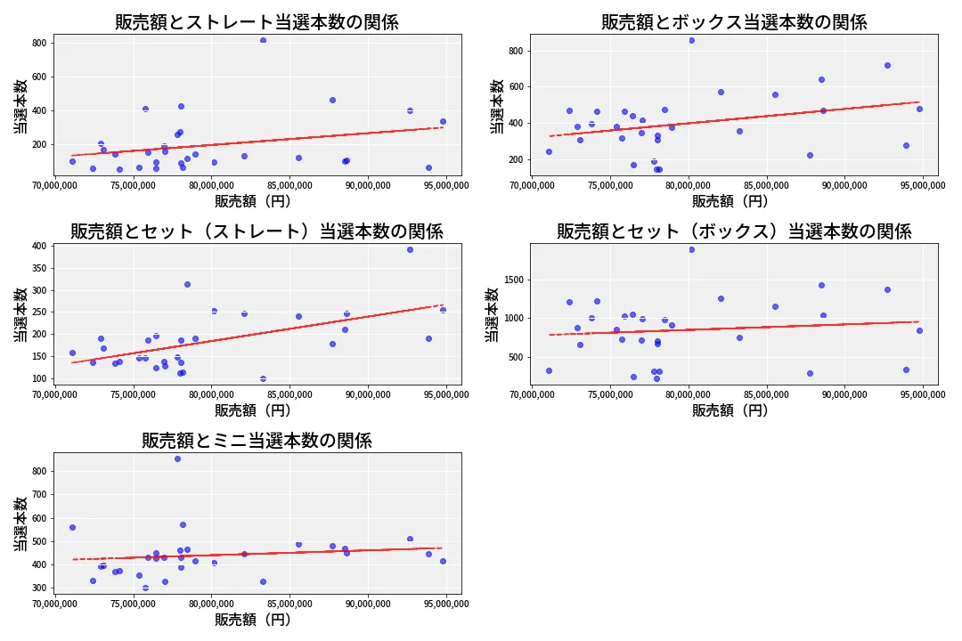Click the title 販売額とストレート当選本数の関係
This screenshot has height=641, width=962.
pos(257,22)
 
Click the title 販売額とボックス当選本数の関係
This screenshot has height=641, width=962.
pos(733,22)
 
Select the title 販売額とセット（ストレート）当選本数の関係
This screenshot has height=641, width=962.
pos(257,231)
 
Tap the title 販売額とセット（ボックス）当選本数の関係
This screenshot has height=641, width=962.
pos(733,231)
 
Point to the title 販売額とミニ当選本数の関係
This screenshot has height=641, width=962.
pos(257,441)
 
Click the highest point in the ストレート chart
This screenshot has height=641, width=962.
pos(263,40)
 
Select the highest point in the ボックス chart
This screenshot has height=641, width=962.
pos(691,40)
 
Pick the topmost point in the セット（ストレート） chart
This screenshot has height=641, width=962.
pos(410,249)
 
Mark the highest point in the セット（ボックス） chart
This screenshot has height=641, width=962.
pos(691,249)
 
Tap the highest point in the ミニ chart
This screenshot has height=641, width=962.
pos(177,458)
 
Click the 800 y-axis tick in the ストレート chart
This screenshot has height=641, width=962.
pos(39,43)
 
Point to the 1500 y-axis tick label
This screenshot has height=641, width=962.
pos(511,280)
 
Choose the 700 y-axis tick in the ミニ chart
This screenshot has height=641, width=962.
pos(39,494)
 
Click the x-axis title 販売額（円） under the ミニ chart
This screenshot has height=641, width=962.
pos(257,620)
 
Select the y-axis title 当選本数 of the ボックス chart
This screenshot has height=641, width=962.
pos(496,105)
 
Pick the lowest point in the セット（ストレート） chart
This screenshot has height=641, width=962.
pos(263,378)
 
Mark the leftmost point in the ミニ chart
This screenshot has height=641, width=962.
pos(72,527)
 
